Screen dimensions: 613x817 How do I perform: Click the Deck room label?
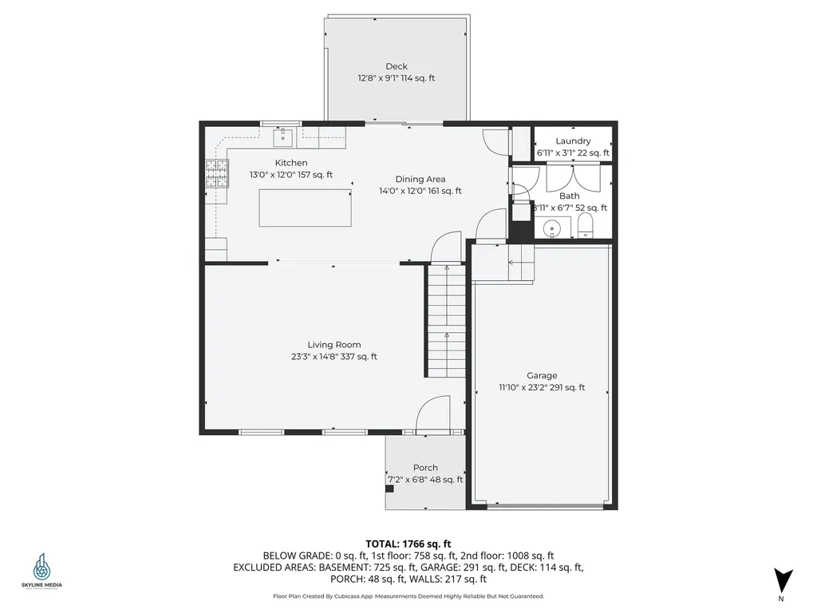click(x=397, y=67)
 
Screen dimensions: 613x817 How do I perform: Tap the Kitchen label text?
click(x=291, y=163)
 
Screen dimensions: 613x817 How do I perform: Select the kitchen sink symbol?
click(x=283, y=137)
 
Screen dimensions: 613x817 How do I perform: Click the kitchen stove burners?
click(x=216, y=174)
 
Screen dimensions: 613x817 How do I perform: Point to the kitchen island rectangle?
click(x=305, y=208)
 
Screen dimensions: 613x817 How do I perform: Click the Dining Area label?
click(x=420, y=180)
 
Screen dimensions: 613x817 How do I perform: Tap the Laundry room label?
click(x=573, y=141)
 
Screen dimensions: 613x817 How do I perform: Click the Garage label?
click(x=542, y=375)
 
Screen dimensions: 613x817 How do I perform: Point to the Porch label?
click(x=425, y=468)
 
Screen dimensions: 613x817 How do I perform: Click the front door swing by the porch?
click(x=434, y=413)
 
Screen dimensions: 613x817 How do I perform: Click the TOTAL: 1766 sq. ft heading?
click(x=408, y=544)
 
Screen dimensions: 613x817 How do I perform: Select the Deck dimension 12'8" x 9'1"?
click(x=397, y=78)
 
